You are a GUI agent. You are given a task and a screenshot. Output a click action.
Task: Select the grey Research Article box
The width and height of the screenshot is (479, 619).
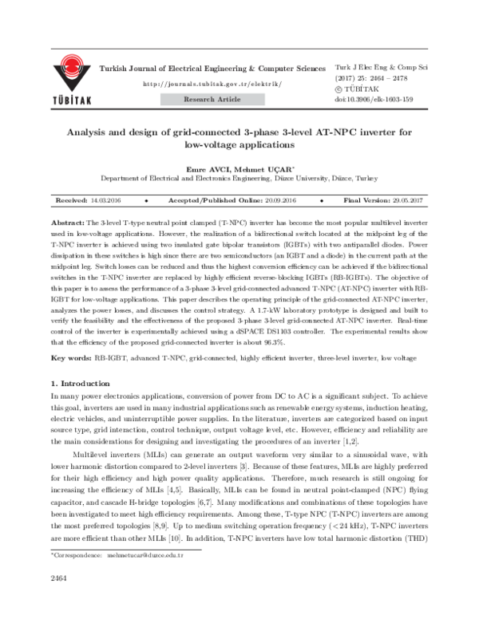(x=212, y=100)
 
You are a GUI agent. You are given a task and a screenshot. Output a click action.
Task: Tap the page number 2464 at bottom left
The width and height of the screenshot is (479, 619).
(x=58, y=598)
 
